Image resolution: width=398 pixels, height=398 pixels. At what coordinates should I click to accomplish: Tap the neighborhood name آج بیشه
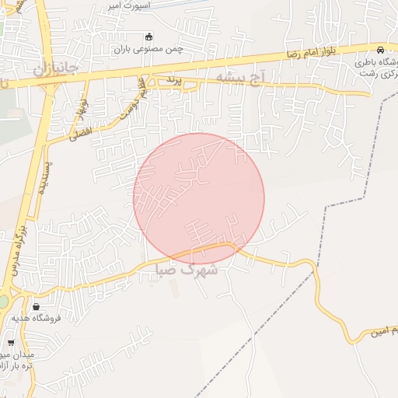click(241, 76)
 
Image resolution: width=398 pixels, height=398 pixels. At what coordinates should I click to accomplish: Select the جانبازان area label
click(56, 68)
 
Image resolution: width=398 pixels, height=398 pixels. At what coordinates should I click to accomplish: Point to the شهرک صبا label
click(189, 270)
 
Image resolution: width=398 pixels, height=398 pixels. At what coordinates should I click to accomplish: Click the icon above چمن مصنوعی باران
click(149, 36)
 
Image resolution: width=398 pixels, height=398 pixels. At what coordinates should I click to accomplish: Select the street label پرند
click(173, 79)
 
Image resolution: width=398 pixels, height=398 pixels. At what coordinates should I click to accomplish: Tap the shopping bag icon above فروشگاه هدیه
click(37, 305)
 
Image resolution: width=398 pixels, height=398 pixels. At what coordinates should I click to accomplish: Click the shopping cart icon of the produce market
click(11, 342)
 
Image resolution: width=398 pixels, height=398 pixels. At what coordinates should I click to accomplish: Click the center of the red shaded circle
click(199, 199)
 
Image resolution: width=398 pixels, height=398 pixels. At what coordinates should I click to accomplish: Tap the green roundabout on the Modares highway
click(2, 301)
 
